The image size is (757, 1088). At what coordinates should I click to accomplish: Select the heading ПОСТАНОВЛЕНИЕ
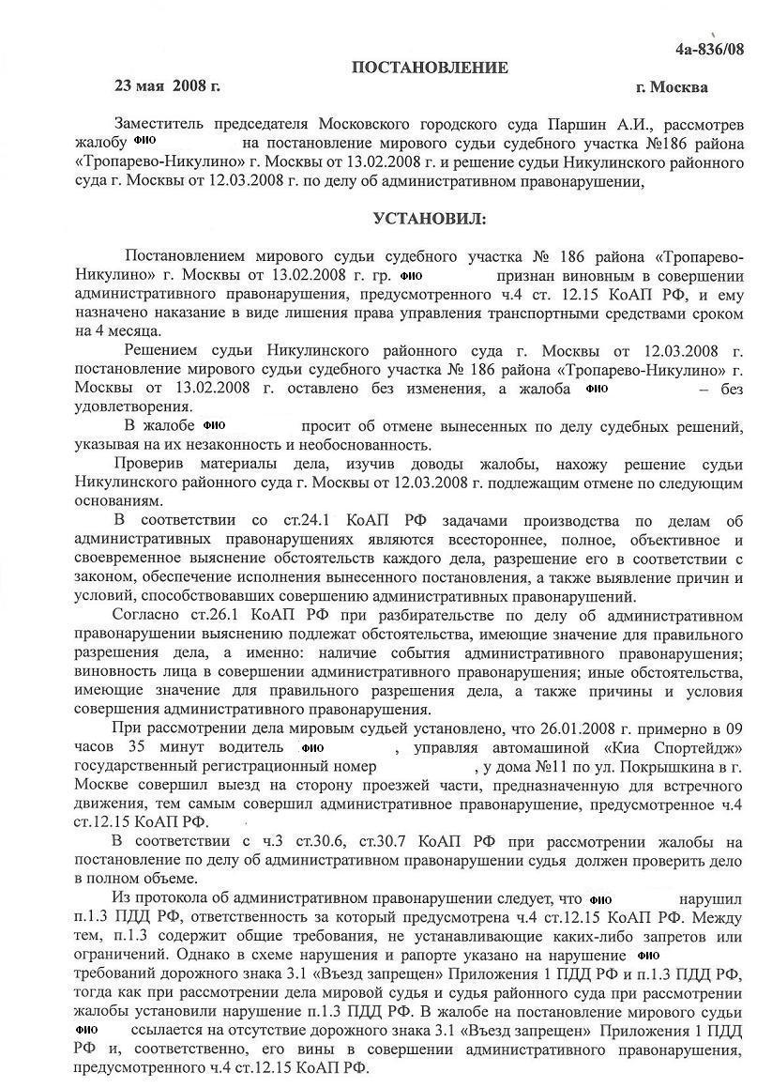(430, 68)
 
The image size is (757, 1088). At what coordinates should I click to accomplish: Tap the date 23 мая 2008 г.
(167, 86)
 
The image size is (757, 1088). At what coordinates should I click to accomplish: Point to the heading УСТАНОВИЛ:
(430, 219)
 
